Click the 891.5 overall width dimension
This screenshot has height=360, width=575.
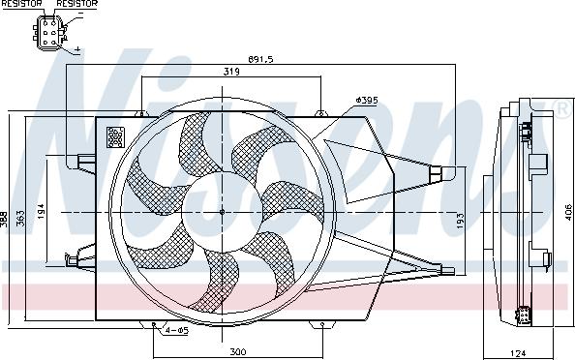coord(260,59)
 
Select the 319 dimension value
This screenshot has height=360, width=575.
coord(231,72)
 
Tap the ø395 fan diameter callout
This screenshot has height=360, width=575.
coord(367,100)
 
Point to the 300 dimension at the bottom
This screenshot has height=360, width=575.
coord(238,352)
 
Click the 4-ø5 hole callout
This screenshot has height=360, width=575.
coord(177,330)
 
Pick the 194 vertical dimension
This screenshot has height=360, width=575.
coord(41,212)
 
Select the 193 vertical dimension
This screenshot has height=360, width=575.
coord(461,221)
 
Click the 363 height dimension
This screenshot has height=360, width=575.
coord(20,218)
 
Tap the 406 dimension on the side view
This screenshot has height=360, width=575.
coord(568,212)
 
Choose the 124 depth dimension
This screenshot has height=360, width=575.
coord(518,353)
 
